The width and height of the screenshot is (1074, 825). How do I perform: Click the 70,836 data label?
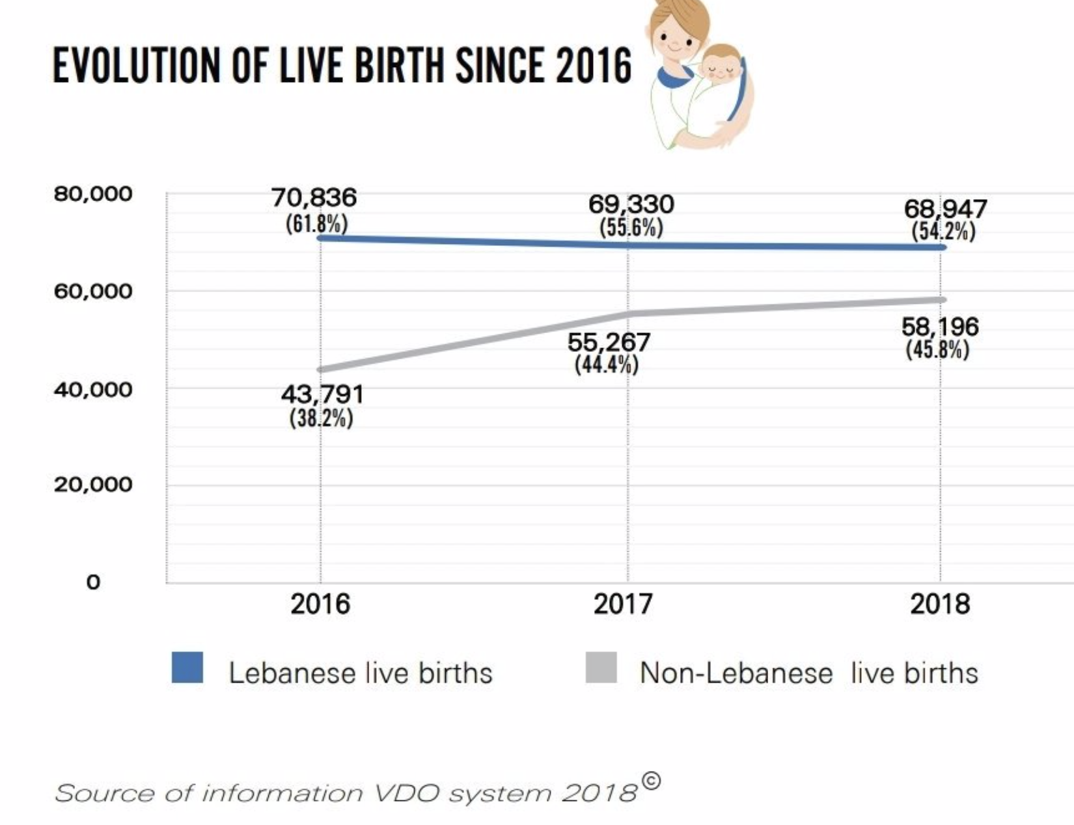coord(314,197)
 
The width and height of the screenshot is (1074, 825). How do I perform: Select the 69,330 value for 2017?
coord(631,204)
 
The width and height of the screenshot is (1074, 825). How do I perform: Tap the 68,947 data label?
coord(945,210)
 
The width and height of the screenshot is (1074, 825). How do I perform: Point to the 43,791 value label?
coord(322,394)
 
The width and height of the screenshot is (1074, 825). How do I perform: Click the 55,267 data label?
coord(609,342)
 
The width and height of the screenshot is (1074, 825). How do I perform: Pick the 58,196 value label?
coord(939,327)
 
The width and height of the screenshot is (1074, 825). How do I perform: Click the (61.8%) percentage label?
coord(316,224)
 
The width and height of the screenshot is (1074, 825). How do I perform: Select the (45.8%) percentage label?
coord(937,349)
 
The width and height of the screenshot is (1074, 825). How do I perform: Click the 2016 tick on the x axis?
coord(320,604)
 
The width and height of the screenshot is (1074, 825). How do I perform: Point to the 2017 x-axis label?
coord(622,604)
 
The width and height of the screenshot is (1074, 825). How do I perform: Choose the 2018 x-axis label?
coord(939,604)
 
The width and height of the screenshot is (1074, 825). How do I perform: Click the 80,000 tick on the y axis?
coord(93,194)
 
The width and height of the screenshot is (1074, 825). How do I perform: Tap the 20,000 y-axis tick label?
coord(93,485)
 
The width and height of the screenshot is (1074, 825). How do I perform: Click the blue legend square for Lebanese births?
coord(187,668)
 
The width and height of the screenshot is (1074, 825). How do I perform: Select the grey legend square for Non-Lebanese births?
coord(601,668)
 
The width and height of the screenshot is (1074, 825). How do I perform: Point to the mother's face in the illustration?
coord(674,39)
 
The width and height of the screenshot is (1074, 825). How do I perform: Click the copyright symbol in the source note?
coord(650,780)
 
